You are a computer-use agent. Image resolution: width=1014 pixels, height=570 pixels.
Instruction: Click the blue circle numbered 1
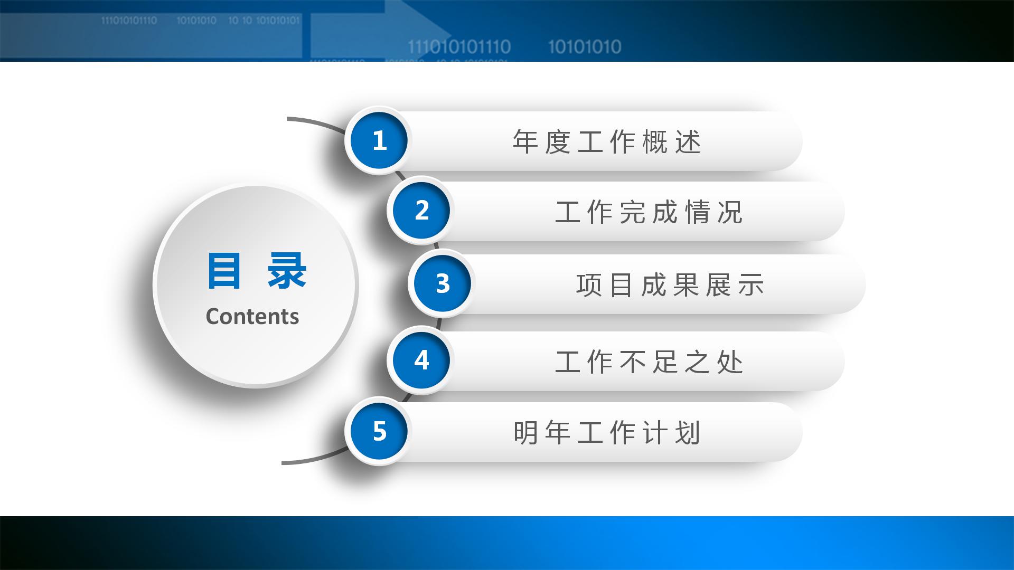coord(379,141)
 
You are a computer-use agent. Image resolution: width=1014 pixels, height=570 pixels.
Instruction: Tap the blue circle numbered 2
coord(421,211)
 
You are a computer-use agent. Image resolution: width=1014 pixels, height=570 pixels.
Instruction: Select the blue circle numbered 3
coord(442,283)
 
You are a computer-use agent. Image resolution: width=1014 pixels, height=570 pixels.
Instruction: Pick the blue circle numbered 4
coord(421,360)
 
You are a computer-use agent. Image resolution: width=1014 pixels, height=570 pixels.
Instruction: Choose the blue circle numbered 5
coord(379,431)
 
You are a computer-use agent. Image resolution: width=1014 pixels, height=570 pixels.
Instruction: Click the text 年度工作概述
coord(607,142)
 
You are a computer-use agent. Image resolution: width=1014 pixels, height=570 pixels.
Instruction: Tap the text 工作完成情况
coord(649,212)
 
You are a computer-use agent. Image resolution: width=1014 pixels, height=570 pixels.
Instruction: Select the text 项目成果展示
coord(670,285)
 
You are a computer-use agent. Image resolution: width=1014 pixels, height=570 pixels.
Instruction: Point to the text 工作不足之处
coord(649,362)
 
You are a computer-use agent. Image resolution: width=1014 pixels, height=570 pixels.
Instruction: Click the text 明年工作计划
coord(607,433)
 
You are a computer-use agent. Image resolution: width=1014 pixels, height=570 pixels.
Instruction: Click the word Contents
coord(252,317)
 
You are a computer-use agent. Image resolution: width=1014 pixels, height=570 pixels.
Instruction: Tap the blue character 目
coord(224,271)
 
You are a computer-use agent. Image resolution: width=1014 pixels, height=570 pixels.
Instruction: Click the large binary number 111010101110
coord(459,47)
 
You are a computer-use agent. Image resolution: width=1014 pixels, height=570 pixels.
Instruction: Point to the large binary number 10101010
coord(585,47)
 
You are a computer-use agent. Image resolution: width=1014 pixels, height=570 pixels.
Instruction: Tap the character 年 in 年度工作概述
coord(525,142)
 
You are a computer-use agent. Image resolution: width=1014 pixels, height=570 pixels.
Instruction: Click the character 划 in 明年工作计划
coord(688,433)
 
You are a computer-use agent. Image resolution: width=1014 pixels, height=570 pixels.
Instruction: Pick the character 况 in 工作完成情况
coord(730,212)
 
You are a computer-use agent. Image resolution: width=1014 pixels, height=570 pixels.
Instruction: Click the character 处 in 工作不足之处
coord(730,362)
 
